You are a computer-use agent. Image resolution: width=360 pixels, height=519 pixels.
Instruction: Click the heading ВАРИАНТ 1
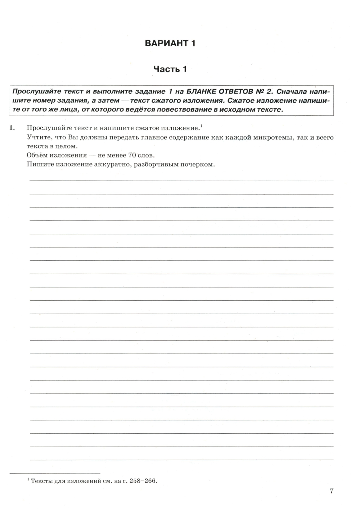click(x=170, y=43)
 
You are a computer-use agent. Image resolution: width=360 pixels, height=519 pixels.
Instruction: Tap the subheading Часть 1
click(x=170, y=69)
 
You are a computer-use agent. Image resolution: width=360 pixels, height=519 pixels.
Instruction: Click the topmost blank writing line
click(x=181, y=180)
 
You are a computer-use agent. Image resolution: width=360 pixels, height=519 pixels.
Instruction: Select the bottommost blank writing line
click(x=181, y=460)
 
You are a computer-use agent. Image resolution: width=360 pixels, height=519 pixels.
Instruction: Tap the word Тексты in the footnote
click(x=42, y=481)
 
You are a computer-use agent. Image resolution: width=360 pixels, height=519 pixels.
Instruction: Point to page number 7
click(x=332, y=491)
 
